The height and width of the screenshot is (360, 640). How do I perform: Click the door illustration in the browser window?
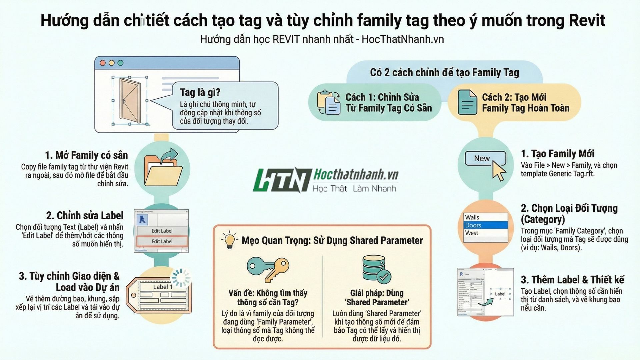click(x=129, y=101)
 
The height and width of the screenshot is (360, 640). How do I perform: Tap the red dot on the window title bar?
click(x=103, y=63)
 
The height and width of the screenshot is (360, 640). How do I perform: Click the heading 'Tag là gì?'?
click(x=200, y=92)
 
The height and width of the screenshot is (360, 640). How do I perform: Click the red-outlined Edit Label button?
click(x=162, y=241)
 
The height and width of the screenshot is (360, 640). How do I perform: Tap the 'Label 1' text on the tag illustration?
click(x=162, y=287)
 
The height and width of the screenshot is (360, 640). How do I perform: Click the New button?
click(x=482, y=159)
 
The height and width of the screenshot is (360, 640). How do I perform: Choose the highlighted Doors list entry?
click(x=485, y=225)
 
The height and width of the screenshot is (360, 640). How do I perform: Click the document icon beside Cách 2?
click(x=467, y=102)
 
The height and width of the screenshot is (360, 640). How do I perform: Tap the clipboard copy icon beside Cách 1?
click(x=328, y=102)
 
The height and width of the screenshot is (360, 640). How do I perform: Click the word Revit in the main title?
click(x=587, y=21)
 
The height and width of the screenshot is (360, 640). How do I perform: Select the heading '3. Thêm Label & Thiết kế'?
click(x=572, y=280)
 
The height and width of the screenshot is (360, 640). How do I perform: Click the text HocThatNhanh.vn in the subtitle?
click(x=402, y=39)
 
